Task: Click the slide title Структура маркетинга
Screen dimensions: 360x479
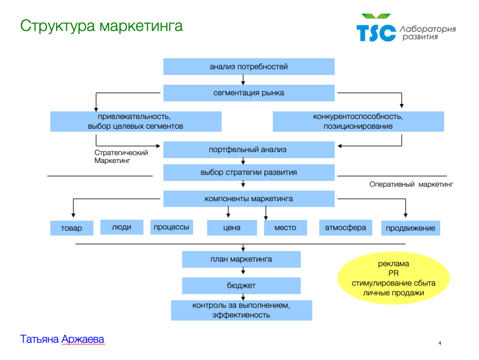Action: (x=101, y=25)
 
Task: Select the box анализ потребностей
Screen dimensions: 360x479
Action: (x=249, y=66)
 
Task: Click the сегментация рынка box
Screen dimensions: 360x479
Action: (x=249, y=93)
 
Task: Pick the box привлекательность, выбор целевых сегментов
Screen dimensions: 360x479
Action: (x=136, y=121)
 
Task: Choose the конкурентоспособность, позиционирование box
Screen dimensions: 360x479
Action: (x=358, y=121)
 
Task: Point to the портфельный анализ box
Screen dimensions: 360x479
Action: (x=249, y=150)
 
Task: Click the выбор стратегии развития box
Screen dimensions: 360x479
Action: (x=249, y=172)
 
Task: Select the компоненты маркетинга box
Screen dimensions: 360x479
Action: (x=249, y=199)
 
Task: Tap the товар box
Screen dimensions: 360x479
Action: (x=72, y=228)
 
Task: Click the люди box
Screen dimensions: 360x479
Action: (x=122, y=227)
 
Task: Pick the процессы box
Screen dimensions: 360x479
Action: (x=172, y=227)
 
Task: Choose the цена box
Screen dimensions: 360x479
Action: (x=232, y=228)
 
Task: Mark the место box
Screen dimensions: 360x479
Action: (x=285, y=228)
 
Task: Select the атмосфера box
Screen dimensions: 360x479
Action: (x=346, y=228)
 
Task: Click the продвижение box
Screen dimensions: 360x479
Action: (x=411, y=228)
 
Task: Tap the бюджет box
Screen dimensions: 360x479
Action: (x=241, y=286)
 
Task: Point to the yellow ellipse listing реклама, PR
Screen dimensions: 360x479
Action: (x=393, y=279)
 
